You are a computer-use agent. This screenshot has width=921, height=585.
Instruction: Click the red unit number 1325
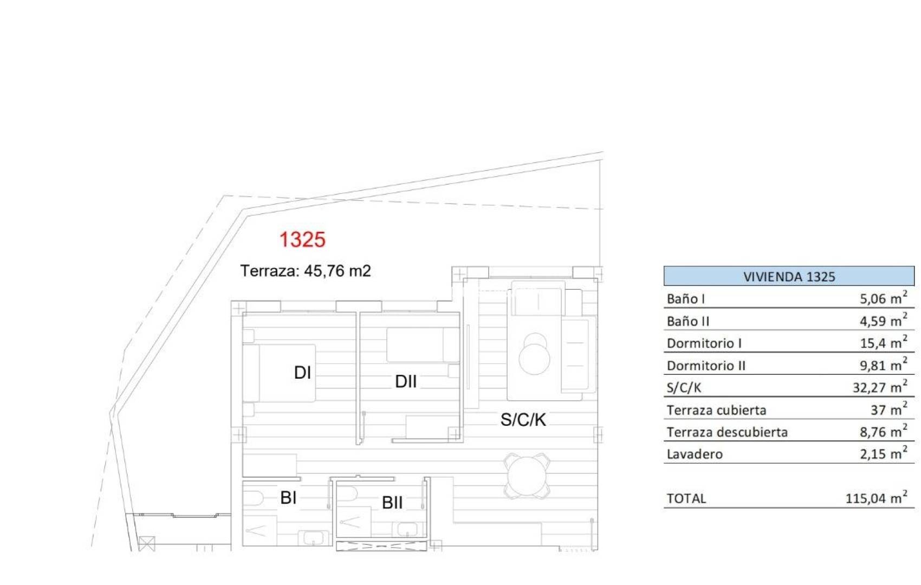(302, 239)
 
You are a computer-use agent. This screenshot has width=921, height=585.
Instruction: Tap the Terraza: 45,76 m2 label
(306, 271)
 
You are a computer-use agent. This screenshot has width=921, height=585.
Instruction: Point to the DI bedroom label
(302, 373)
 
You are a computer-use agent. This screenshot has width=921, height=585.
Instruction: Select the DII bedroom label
(406, 381)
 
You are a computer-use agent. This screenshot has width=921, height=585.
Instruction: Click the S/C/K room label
(523, 419)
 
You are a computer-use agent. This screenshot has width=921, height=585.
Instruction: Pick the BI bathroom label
(288, 497)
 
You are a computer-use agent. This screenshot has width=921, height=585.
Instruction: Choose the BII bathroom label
(392, 503)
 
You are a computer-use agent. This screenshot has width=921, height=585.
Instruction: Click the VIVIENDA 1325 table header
(789, 277)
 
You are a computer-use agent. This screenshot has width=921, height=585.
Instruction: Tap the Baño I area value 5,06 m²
(883, 298)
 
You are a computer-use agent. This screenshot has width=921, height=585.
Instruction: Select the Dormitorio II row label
(706, 366)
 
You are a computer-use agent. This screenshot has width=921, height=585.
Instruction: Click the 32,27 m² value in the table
(879, 387)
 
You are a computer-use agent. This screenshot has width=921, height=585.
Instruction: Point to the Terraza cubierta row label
(716, 410)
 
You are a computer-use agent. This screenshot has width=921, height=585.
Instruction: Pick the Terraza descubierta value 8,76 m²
(883, 432)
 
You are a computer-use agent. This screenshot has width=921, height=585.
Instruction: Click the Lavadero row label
(695, 454)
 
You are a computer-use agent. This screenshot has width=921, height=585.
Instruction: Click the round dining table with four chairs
(527, 476)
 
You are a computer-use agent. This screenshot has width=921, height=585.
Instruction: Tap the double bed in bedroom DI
(282, 373)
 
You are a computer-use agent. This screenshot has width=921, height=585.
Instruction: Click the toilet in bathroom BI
(253, 497)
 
